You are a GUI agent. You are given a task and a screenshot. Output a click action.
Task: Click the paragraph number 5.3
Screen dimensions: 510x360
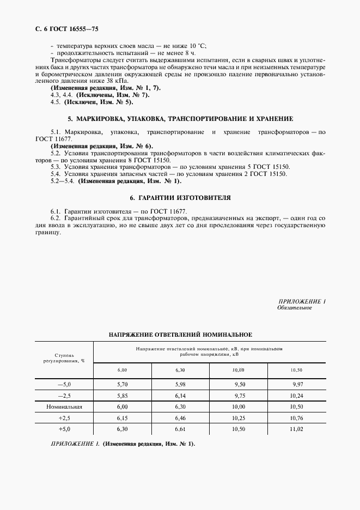coord(56,167)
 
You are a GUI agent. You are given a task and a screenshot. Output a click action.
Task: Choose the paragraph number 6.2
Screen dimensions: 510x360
coord(56,217)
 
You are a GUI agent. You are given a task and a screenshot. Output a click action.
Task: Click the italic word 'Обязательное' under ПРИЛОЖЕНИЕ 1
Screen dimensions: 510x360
coord(294,308)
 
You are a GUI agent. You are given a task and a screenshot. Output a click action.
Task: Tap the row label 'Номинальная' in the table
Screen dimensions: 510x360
coord(64,407)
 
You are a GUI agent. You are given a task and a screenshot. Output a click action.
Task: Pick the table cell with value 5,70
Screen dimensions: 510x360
coord(122,384)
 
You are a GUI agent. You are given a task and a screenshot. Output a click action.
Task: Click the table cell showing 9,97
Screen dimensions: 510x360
coord(297,384)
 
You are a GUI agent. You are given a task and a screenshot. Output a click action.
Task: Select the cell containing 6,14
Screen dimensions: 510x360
coord(180,396)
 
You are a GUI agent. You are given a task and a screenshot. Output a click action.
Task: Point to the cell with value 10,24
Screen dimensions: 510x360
coord(297,396)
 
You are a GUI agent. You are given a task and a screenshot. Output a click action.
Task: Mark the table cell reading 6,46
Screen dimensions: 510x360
coord(180,418)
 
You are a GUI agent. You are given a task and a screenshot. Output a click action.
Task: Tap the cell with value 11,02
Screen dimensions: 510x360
coord(297,429)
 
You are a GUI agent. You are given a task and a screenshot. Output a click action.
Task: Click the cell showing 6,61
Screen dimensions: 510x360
coord(180,429)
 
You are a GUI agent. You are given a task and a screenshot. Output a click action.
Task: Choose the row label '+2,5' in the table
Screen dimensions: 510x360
coord(64,418)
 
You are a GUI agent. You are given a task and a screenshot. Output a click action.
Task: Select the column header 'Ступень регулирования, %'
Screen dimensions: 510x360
coord(64,357)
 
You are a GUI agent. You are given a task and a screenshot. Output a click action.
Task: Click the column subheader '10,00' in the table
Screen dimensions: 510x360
coord(239,370)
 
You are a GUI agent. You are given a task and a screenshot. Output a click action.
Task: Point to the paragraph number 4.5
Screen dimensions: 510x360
coord(55,102)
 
